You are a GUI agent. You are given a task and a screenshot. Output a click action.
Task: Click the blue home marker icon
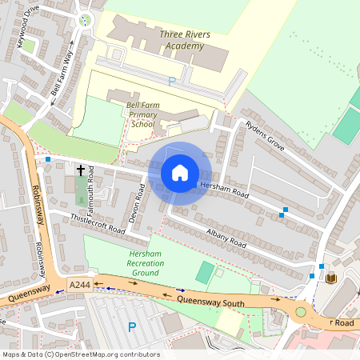(180, 172)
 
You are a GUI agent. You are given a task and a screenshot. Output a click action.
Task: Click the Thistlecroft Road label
(98, 223)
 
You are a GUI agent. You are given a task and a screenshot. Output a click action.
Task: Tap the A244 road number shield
(79, 285)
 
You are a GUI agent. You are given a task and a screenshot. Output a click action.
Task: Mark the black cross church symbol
(80, 170)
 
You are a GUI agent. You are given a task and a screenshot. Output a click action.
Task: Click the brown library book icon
(331, 278)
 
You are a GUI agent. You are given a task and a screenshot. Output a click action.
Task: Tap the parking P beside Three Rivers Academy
(171, 81)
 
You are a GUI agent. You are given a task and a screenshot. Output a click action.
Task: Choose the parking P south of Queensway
(131, 326)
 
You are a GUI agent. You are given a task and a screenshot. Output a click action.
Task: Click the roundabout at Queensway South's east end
(302, 311)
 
